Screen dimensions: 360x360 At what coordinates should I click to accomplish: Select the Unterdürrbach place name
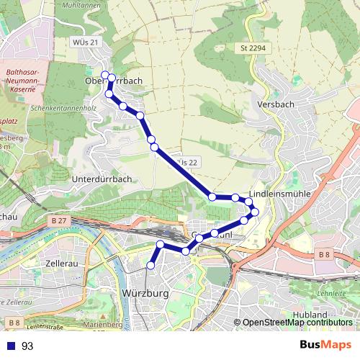coord(102,178)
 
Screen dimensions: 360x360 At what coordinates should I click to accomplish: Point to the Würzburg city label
coord(145,294)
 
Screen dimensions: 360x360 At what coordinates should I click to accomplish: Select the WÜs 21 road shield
coord(84,43)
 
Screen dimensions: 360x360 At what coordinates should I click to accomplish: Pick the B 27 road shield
coord(60,220)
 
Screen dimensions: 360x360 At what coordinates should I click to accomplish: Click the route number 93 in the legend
coord(27,346)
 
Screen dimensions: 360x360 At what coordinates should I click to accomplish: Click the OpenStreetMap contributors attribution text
coord(297,323)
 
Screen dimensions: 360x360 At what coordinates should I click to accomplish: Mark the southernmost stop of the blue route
coord(150,266)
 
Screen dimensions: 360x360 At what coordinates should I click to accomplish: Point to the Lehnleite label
coord(331,293)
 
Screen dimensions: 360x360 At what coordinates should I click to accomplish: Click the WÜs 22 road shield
coord(186,163)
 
